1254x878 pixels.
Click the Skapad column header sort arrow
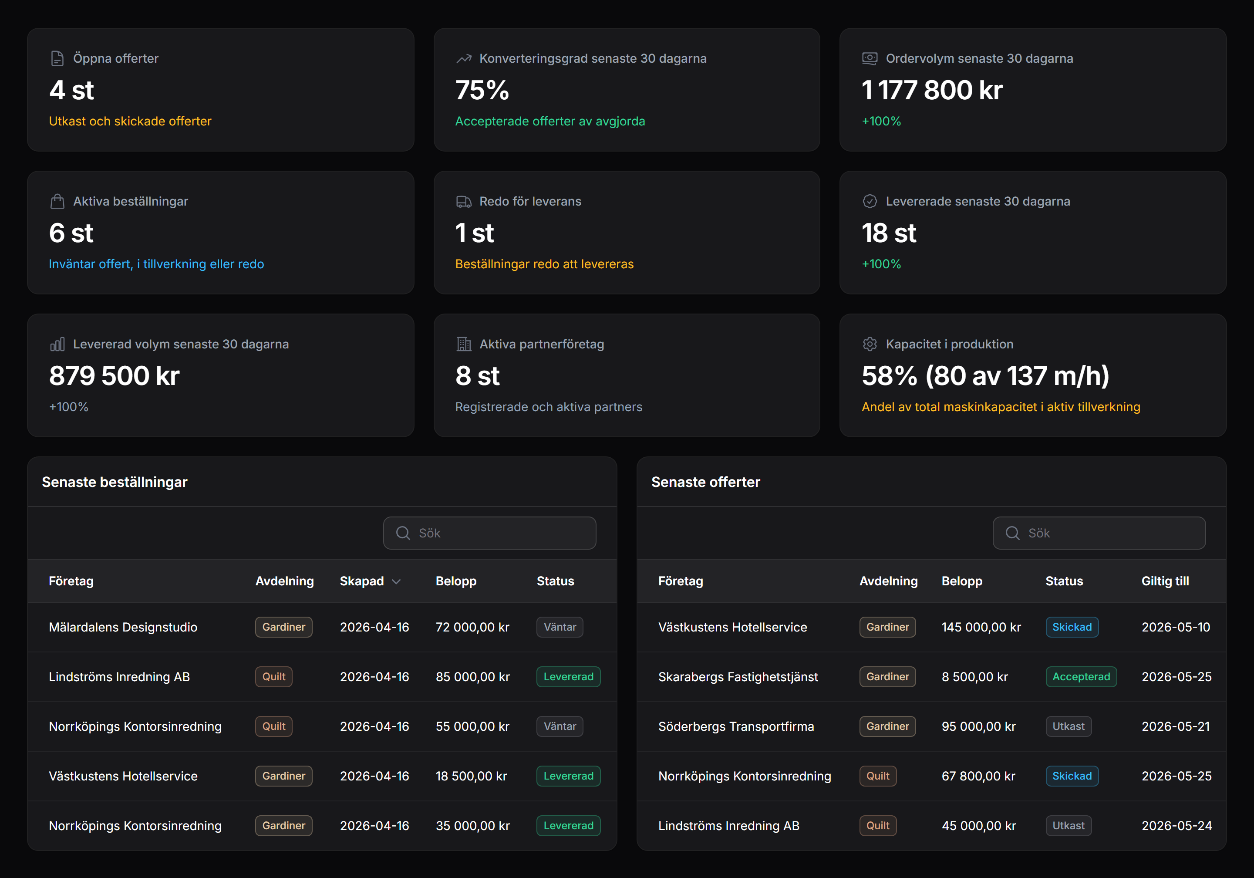pyautogui.click(x=397, y=581)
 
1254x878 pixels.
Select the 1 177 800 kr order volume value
pyautogui.click(x=932, y=90)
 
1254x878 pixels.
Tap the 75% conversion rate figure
pyautogui.click(x=482, y=90)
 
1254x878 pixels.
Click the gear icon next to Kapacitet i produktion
pyautogui.click(x=870, y=344)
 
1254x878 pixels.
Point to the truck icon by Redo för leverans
pyautogui.click(x=464, y=202)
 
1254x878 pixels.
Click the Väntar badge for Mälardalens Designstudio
pyautogui.click(x=560, y=627)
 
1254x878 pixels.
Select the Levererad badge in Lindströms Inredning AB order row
pyautogui.click(x=568, y=677)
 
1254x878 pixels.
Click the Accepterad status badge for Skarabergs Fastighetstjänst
pyautogui.click(x=1081, y=677)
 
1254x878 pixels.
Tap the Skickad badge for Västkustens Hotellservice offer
pyautogui.click(x=1072, y=627)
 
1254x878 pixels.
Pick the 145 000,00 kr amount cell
pyautogui.click(x=981, y=627)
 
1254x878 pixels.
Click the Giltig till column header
pyautogui.click(x=1165, y=581)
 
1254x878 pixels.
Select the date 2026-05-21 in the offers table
pyautogui.click(x=1175, y=727)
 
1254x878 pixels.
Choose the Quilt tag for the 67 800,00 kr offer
pyautogui.click(x=878, y=777)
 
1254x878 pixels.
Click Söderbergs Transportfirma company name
pyautogui.click(x=736, y=727)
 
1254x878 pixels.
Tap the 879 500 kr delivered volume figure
pyautogui.click(x=114, y=376)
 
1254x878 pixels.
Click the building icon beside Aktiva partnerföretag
pyautogui.click(x=464, y=344)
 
